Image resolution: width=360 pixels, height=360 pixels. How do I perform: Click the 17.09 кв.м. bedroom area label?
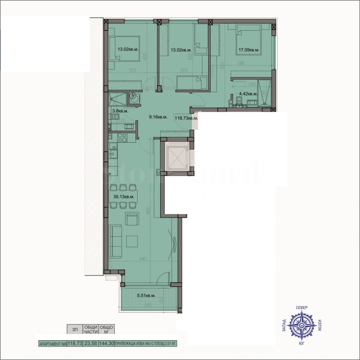(248, 50)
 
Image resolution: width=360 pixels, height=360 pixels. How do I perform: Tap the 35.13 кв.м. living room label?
(123, 197)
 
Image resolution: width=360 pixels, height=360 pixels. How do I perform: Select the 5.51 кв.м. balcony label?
(146, 296)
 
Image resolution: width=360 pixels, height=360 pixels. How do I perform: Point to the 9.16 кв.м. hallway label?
(158, 117)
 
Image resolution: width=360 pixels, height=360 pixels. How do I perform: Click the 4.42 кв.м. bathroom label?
(247, 94)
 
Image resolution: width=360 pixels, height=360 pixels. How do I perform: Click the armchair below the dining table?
(132, 219)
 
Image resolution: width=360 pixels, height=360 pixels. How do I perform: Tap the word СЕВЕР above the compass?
(302, 307)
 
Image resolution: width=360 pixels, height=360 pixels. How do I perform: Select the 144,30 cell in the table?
(107, 343)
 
